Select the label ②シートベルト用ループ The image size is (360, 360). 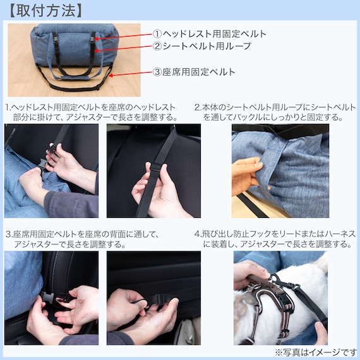pos(202,46)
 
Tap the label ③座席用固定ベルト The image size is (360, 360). pos(194,72)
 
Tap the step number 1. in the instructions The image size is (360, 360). pos(8,107)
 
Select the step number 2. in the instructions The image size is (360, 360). pos(198,107)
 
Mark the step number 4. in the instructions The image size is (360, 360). pos(198,234)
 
